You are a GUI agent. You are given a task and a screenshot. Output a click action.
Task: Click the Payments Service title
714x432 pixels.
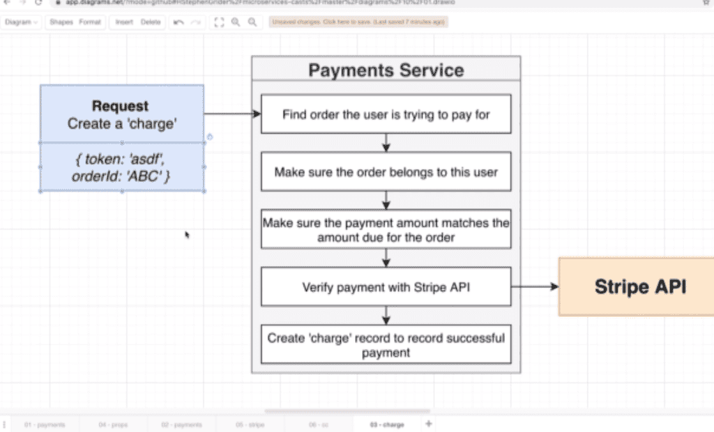[x=386, y=70]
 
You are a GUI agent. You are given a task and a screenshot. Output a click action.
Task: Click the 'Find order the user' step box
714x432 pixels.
[x=386, y=114]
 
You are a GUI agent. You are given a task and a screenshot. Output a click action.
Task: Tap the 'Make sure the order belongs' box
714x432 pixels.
[x=386, y=171]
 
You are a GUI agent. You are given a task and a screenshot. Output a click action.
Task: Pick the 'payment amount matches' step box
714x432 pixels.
[x=386, y=229]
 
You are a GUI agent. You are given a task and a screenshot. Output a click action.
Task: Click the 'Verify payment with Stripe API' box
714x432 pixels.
[x=386, y=286]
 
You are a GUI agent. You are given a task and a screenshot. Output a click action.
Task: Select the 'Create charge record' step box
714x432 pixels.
[x=386, y=344]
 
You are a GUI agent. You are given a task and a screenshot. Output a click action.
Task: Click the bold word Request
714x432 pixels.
[x=121, y=106]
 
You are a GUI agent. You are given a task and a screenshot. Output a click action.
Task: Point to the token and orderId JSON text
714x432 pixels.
[x=121, y=168]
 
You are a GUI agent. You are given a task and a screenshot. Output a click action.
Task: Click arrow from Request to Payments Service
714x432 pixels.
[x=231, y=114]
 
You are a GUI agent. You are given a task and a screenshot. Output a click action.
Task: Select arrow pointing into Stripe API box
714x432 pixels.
[x=535, y=286]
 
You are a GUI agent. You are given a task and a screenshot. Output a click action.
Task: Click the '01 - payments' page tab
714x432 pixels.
[x=45, y=424]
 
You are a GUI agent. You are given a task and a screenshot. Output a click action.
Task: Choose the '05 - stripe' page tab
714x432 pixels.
[x=249, y=424]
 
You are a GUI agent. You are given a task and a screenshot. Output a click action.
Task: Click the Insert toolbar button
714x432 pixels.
[x=124, y=22]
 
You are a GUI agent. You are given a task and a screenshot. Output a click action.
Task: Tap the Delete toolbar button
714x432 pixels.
[x=151, y=22]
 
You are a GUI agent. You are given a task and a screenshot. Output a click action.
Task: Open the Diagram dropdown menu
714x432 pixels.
[x=21, y=22]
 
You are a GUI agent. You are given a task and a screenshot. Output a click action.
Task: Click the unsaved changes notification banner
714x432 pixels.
[x=358, y=22]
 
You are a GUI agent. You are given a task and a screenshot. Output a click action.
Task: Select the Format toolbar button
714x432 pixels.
[x=89, y=22]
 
